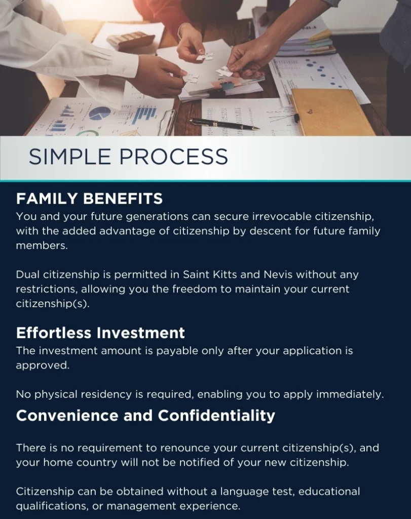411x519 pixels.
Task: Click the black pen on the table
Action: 225,124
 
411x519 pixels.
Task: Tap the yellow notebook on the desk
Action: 332,112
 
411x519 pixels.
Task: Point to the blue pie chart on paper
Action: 100,114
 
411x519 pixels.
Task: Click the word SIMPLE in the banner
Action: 69,157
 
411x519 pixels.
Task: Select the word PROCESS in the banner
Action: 174,157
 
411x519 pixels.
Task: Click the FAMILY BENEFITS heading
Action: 89,199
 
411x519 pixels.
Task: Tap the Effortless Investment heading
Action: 100,332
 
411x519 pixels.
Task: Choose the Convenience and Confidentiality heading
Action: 145,416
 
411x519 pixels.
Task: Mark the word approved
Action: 43,365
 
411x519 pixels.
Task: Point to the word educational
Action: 329,491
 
